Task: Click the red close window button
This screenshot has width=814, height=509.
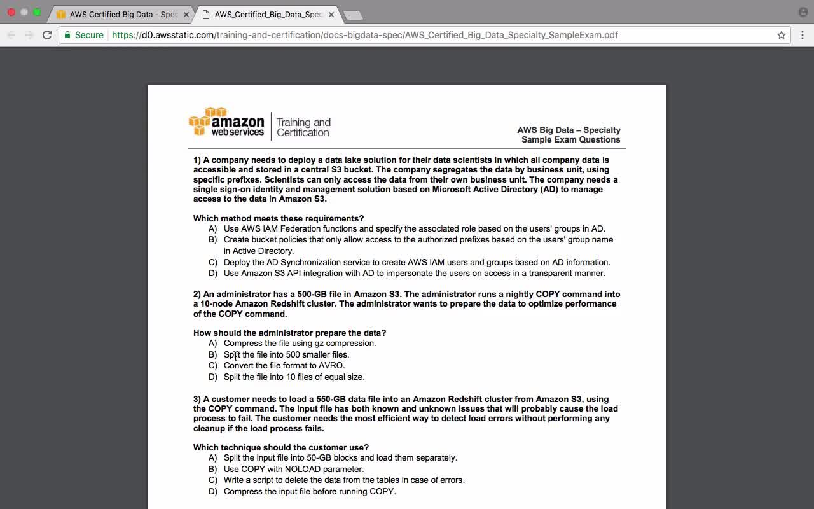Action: tap(11, 12)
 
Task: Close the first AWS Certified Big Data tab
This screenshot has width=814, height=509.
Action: tap(186, 15)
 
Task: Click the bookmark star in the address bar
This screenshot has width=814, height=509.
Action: tap(782, 35)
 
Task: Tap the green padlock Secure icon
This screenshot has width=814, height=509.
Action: tap(68, 35)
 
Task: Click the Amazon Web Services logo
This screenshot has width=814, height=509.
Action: tap(227, 122)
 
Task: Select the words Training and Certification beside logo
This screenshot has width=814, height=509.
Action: tap(303, 127)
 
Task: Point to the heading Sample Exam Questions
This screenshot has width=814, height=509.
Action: tap(570, 140)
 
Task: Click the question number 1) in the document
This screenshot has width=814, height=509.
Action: tap(197, 160)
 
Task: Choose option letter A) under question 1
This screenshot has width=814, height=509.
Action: tap(212, 229)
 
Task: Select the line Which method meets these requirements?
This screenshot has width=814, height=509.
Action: tap(279, 219)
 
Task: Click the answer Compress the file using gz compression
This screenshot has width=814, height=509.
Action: tap(300, 344)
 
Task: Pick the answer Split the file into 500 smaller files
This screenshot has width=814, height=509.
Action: tap(286, 355)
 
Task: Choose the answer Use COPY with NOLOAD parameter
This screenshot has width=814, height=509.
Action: tap(293, 470)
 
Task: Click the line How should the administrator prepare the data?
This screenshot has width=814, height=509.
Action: tap(289, 333)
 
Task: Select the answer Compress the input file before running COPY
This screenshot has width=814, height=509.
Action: tap(310, 492)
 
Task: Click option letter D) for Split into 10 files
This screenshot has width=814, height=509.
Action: tap(212, 377)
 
